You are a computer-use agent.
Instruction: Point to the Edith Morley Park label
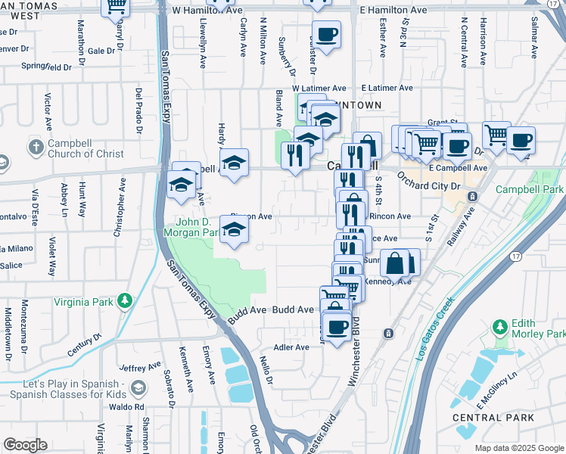pos(538,328)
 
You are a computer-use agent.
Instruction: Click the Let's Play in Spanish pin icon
pos(138,388)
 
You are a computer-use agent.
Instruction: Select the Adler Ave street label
pos(291,347)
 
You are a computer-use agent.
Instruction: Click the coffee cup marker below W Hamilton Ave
pos(326,36)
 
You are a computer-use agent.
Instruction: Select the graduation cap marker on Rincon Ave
pos(235,231)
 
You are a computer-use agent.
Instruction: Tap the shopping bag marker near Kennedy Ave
pos(395,264)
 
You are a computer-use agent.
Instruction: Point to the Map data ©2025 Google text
pos(519,448)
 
